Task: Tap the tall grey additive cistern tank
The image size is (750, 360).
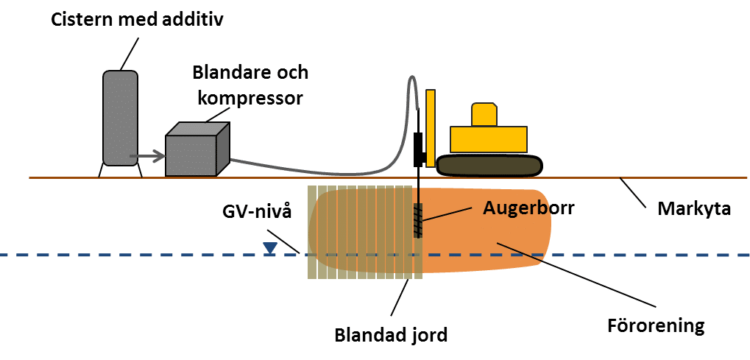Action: (120, 118)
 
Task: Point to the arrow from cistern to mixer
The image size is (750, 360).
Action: (147, 156)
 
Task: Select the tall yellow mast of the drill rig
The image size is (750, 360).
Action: (431, 125)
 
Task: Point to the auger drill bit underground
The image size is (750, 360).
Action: (418, 220)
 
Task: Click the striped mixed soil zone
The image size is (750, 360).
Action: (361, 233)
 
